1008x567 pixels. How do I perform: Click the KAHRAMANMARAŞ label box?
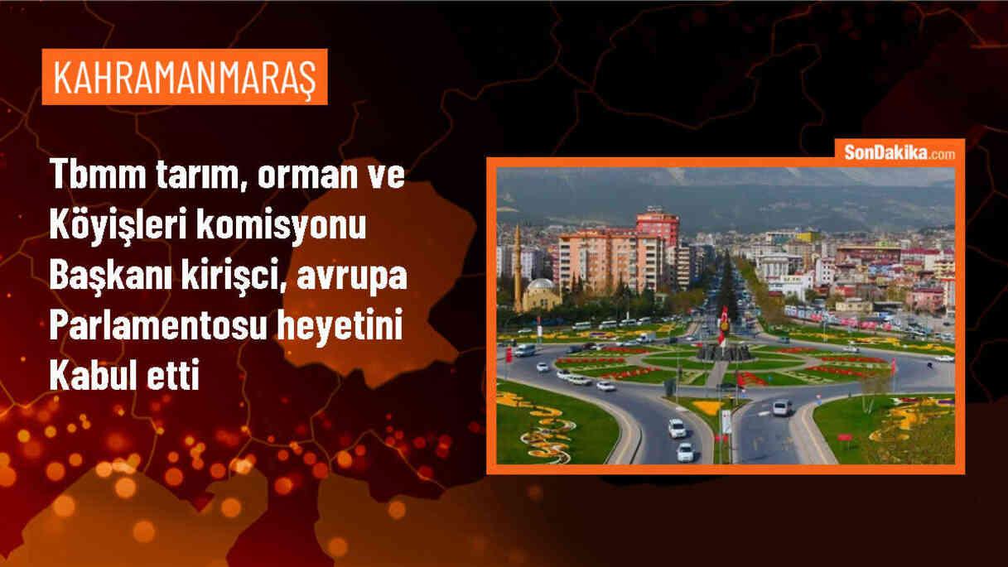coord(184,77)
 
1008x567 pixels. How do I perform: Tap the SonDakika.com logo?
coord(898,153)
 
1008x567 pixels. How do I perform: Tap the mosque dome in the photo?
coord(541,286)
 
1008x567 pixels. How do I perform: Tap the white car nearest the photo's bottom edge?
coord(685,452)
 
